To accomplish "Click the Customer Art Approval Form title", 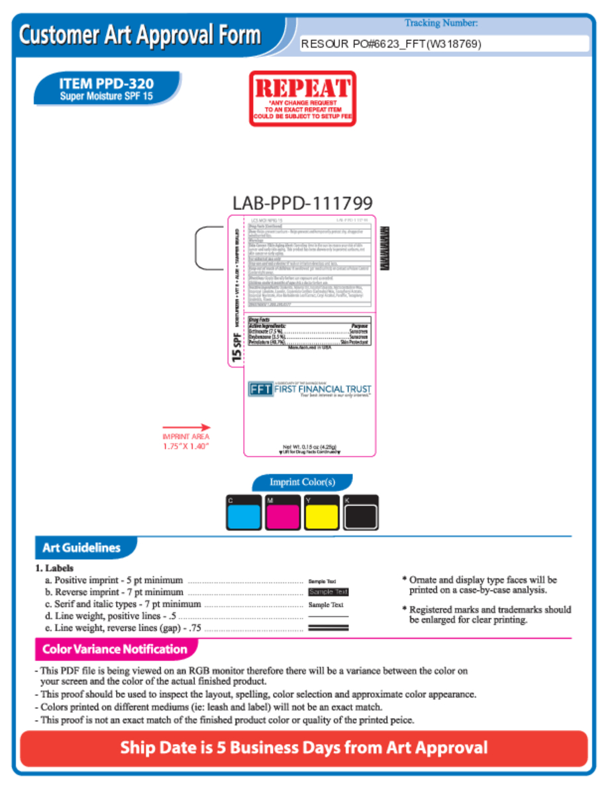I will [140, 34].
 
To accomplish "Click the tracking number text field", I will [444, 44].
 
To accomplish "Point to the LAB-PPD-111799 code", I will [303, 203].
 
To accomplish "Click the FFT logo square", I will [260, 389].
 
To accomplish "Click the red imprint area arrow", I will [186, 428].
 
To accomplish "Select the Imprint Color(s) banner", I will [302, 482].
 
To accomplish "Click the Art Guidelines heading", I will [81, 548].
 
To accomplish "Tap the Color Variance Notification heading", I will [115, 649].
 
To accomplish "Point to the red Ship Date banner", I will [304, 749].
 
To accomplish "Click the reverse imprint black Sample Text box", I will [329, 592].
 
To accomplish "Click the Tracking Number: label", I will [441, 23].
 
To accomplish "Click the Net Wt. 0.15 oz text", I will [310, 446].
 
